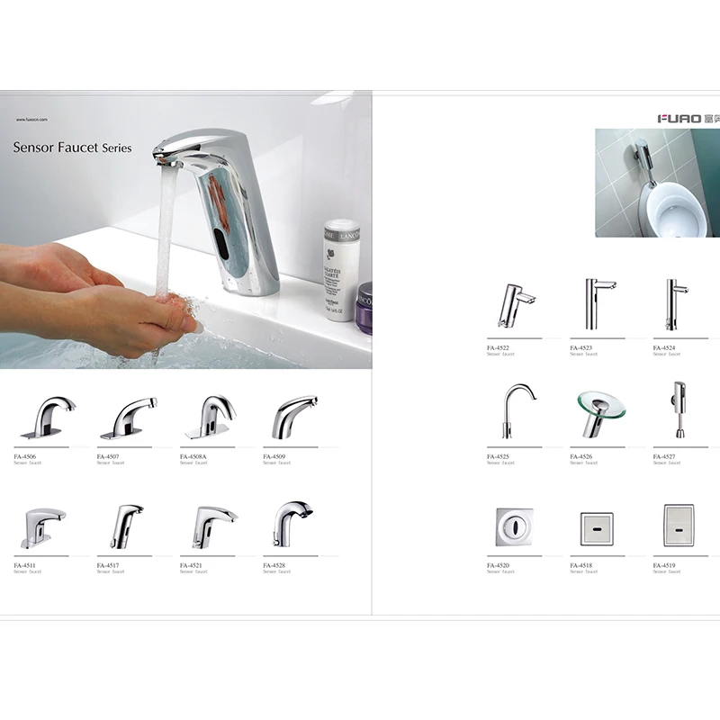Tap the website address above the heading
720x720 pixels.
[x=31, y=119]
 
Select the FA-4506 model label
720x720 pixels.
[x=25, y=456]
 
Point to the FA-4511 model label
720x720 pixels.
[x=25, y=565]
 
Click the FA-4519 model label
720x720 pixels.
[x=664, y=565]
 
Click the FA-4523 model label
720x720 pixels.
[x=581, y=347]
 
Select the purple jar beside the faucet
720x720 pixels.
[x=364, y=306]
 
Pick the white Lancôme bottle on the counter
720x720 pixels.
[x=340, y=267]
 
